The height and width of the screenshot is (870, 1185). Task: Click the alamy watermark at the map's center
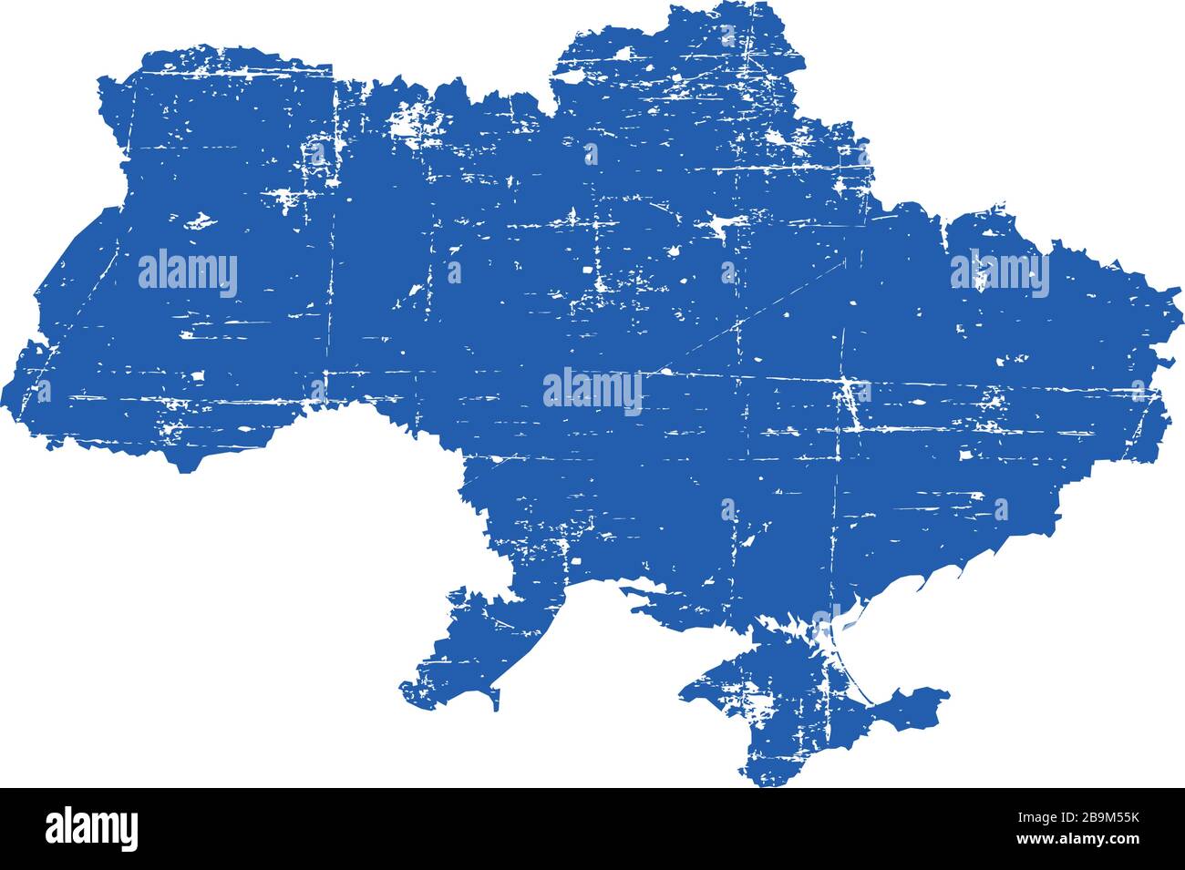click(592, 390)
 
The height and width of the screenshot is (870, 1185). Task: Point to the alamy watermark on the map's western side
click(188, 272)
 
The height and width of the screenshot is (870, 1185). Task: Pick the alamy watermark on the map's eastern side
click(999, 272)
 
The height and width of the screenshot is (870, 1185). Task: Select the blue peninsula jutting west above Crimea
click(647, 597)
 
